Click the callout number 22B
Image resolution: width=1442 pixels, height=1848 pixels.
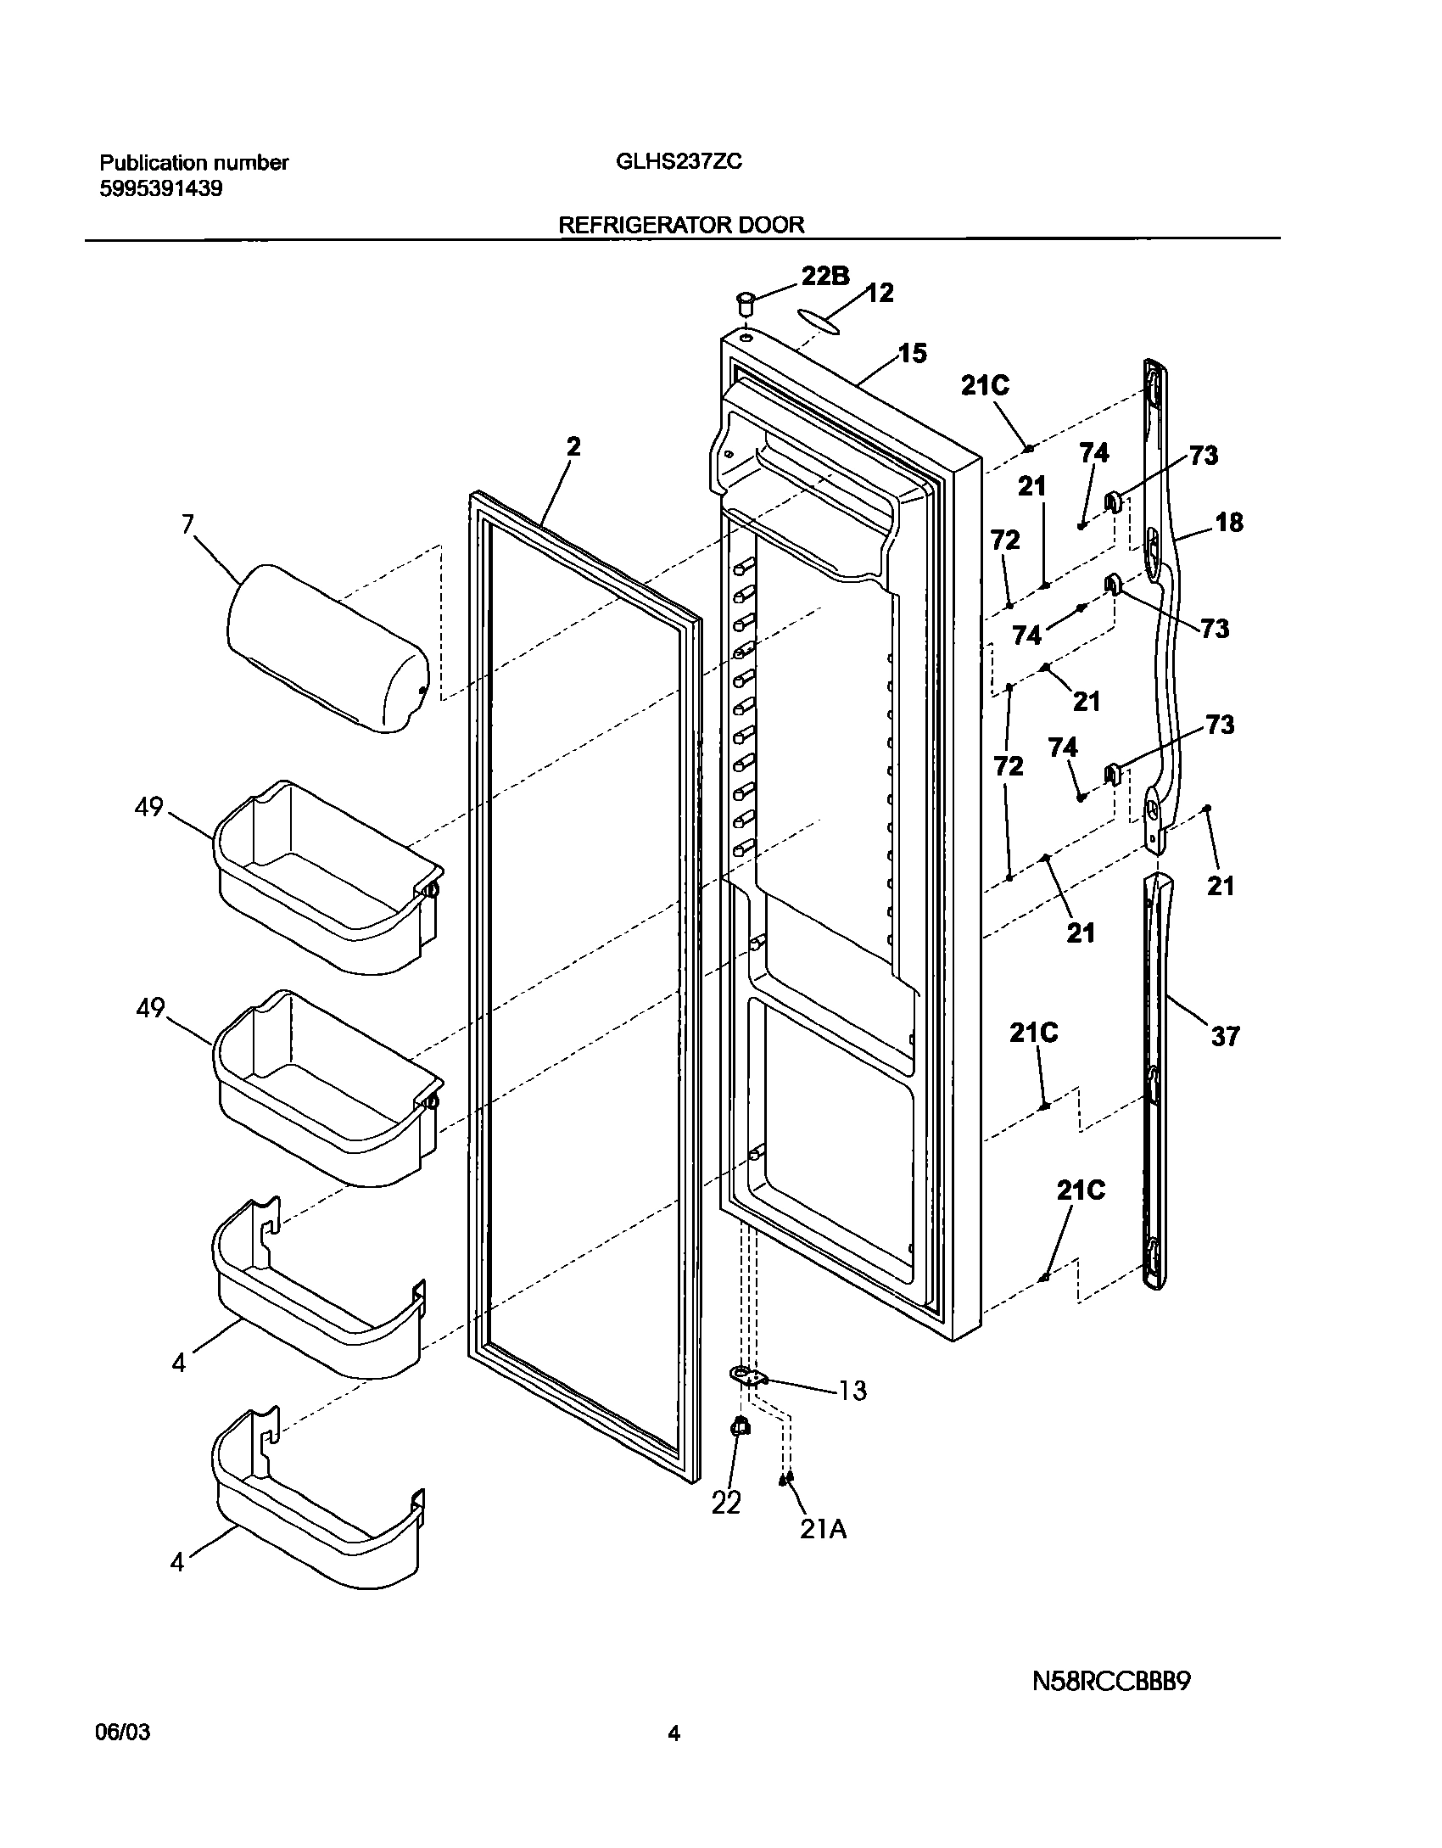(825, 277)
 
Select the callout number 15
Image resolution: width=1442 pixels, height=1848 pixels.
(913, 353)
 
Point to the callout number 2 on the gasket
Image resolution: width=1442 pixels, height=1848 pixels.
(574, 447)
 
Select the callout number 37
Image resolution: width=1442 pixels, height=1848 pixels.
(1225, 1036)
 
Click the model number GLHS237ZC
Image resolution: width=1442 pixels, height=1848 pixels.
(679, 161)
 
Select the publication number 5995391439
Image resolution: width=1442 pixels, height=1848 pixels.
(161, 188)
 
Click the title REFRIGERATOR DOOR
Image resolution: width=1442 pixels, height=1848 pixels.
(681, 224)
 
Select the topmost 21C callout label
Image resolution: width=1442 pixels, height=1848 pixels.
(985, 386)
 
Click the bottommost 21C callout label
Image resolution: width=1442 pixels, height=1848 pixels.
(1081, 1191)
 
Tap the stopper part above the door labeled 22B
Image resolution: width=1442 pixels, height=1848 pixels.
(746, 301)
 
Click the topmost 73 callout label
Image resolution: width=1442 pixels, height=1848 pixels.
(1203, 456)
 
